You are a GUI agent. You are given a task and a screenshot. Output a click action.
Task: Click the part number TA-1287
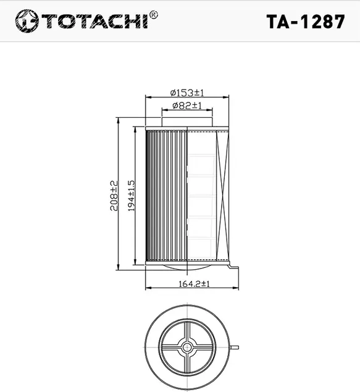[305, 21]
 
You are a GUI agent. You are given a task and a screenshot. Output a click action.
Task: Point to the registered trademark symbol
[154, 14]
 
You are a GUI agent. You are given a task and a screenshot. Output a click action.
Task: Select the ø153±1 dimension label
[187, 93]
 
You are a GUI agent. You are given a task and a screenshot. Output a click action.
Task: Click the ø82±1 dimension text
[187, 106]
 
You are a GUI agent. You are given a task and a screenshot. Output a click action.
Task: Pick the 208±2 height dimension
[114, 196]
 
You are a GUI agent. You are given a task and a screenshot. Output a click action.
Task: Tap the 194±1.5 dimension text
[130, 196]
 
